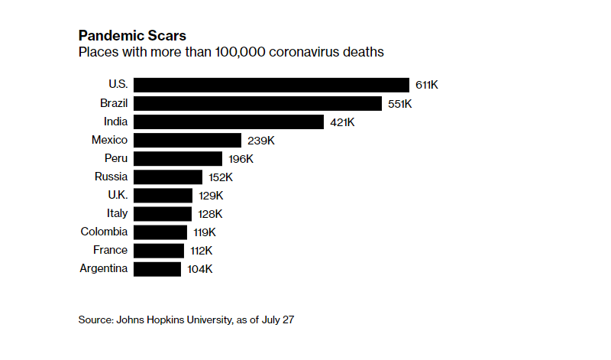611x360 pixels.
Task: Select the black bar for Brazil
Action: click(x=257, y=103)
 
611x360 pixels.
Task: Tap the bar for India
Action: click(x=228, y=122)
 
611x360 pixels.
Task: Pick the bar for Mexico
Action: click(x=187, y=140)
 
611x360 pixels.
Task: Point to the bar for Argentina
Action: click(x=157, y=269)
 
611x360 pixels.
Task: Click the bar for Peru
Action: click(x=178, y=158)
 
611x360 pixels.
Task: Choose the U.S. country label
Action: click(x=118, y=84)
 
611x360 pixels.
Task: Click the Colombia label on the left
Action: click(x=105, y=232)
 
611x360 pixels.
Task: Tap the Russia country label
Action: click(x=112, y=177)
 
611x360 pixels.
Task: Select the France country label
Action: click(x=111, y=250)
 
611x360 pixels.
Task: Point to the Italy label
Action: click(x=117, y=213)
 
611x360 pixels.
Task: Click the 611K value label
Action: click(x=427, y=85)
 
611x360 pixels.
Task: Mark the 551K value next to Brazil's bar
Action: click(x=399, y=103)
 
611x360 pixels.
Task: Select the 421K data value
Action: click(x=342, y=122)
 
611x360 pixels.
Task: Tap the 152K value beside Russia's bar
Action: click(x=220, y=177)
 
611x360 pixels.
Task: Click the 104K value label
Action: click(x=199, y=269)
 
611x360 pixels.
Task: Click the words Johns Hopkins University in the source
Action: click(x=173, y=319)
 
